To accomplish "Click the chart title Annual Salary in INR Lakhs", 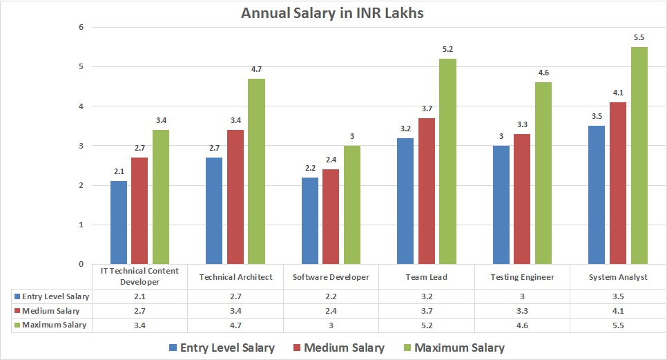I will pyautogui.click(x=333, y=13).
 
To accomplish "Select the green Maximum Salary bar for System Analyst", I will pyautogui.click(x=639, y=155).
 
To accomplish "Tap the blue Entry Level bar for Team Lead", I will pyautogui.click(x=405, y=201).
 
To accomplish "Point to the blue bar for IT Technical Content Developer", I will pyautogui.click(x=118, y=222).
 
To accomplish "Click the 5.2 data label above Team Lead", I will pyautogui.click(x=448, y=49).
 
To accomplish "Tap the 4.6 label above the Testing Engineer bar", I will pyautogui.click(x=544, y=73).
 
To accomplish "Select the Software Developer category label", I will pyautogui.click(x=331, y=277).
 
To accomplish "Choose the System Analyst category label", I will pyautogui.click(x=618, y=277).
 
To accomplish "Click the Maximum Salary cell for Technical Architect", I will pyautogui.click(x=235, y=324).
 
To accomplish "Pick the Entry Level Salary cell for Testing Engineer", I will pyautogui.click(x=522, y=296).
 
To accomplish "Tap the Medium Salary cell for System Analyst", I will pyautogui.click(x=618, y=310).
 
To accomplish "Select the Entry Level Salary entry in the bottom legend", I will pyautogui.click(x=220, y=348).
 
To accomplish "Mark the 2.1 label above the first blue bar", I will pyautogui.click(x=118, y=171).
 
